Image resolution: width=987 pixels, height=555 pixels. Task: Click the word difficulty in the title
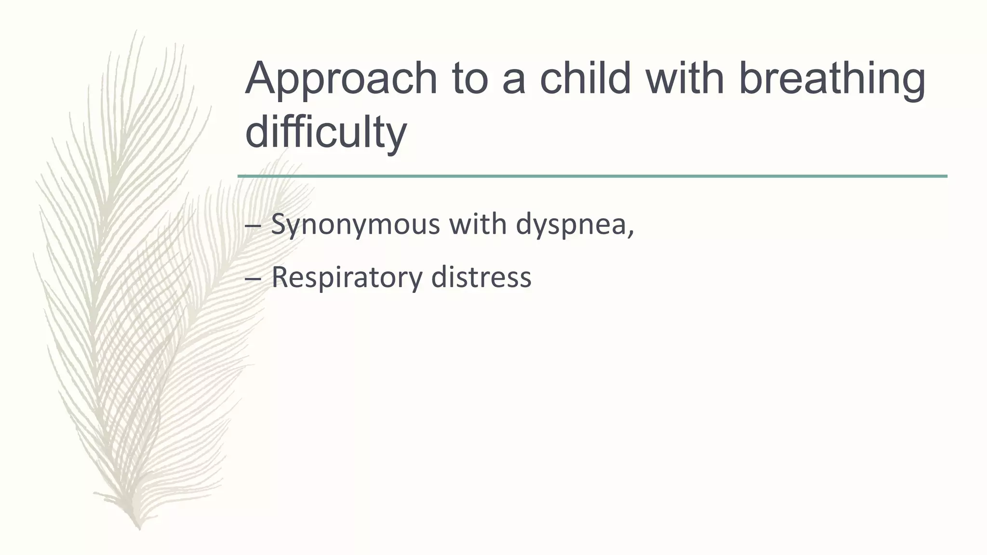[x=326, y=132]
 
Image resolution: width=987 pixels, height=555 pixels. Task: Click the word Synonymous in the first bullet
[x=355, y=225]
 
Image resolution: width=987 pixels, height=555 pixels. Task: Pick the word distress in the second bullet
[x=481, y=277]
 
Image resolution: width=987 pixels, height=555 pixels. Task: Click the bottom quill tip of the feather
[x=139, y=527]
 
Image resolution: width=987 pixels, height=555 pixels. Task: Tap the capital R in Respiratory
[x=280, y=277]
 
